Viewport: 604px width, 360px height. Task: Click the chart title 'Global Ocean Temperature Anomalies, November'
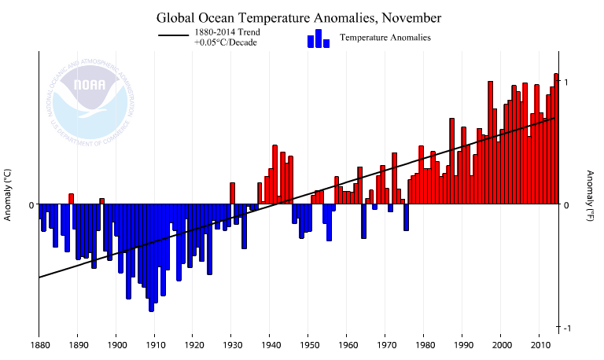[299, 17]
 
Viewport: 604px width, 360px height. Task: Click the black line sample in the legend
[175, 37]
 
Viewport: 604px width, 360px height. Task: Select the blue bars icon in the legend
[318, 39]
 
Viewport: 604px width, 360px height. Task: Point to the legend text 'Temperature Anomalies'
[385, 38]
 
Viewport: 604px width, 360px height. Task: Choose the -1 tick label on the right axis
[565, 328]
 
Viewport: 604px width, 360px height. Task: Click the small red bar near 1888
[71, 199]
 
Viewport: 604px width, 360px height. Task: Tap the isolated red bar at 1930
[232, 193]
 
